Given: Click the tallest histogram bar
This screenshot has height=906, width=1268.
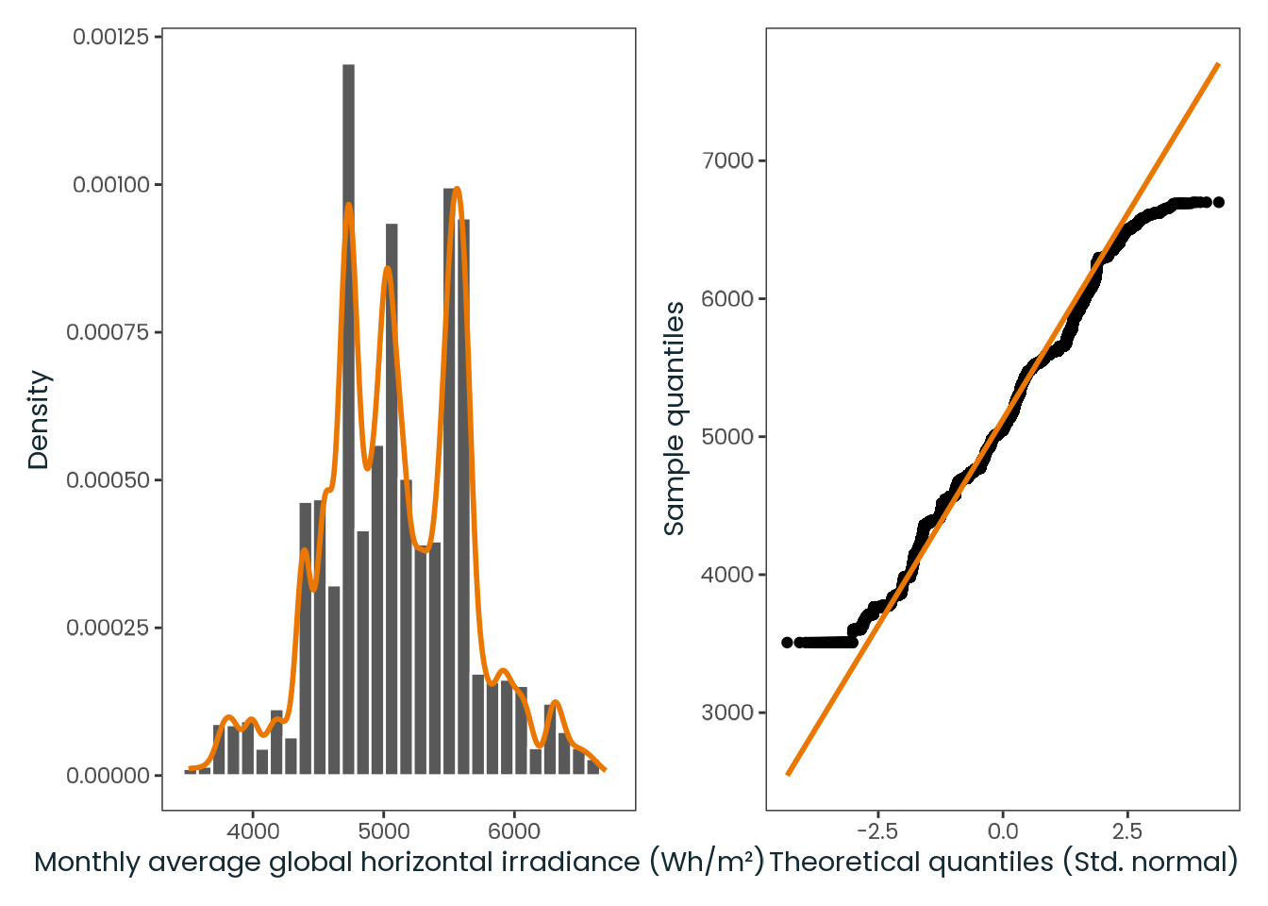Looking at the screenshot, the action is tap(349, 419).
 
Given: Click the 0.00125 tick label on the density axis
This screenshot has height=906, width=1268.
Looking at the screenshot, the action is tap(111, 37).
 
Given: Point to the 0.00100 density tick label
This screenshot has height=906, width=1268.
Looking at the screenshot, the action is tap(111, 185).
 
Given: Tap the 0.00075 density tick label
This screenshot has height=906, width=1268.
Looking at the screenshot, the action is tap(108, 332).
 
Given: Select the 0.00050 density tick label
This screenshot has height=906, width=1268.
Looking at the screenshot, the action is tap(108, 480).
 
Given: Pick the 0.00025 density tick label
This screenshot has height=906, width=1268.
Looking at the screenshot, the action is tap(108, 628).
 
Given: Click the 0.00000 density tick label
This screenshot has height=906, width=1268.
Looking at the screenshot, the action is tap(108, 775).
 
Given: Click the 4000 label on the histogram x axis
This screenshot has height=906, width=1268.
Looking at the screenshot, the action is tap(253, 831).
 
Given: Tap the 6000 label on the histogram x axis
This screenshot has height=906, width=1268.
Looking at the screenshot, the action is tap(514, 831).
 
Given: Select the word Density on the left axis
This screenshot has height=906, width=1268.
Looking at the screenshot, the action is tap(39, 420).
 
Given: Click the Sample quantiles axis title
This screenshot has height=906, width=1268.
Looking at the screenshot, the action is tap(675, 418).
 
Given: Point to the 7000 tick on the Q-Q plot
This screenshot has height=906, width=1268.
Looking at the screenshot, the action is tap(728, 160).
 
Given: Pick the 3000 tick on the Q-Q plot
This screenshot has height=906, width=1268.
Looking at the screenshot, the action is tap(728, 713).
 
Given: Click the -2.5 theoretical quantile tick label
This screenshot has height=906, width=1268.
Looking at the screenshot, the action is tap(877, 831).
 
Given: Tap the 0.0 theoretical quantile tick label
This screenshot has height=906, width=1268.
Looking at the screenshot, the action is tap(1003, 831).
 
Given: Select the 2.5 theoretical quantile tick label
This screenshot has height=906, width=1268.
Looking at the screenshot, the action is tap(1127, 831).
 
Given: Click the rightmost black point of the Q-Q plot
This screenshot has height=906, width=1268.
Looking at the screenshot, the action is tap(1219, 202).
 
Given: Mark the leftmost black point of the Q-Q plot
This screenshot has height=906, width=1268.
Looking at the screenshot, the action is tap(787, 642).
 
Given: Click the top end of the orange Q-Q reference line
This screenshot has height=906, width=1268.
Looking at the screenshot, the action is tap(1219, 64).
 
